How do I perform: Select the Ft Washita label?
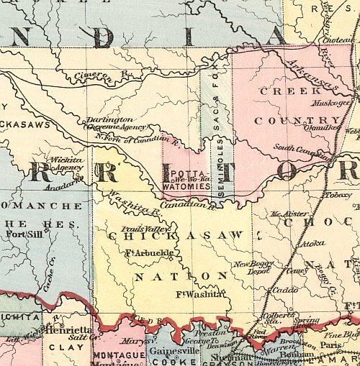201,294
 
